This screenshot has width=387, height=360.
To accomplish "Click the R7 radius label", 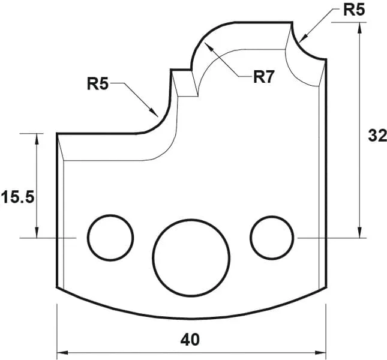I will pyautogui.click(x=263, y=77).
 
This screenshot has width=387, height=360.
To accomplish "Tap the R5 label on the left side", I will pyautogui.click(x=98, y=83).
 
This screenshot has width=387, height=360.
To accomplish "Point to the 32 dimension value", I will pyautogui.click(x=376, y=136).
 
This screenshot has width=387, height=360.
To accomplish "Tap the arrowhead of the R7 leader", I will pyautogui.click(x=205, y=46).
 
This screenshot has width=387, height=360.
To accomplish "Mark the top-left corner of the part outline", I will pyautogui.click(x=57, y=134).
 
